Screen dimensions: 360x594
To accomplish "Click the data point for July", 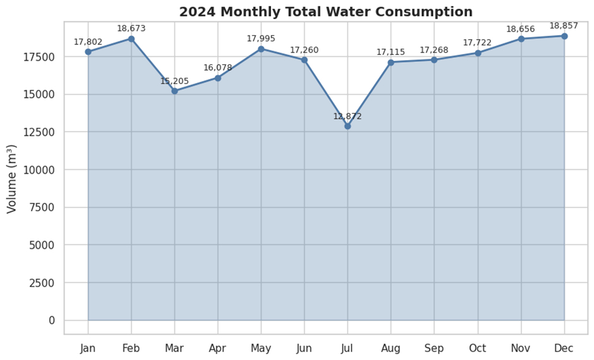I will point(348,126).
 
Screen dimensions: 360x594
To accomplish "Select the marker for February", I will point(131,39).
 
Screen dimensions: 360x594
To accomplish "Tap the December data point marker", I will point(564,36).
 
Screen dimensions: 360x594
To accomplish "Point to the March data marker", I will point(174,91).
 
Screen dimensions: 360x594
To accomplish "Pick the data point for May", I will point(261,49).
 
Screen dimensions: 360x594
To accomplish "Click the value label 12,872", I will point(348,116).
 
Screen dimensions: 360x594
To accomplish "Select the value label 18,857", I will point(564,26).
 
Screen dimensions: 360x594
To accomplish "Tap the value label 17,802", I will point(88,42).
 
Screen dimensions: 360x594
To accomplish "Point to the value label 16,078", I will point(217,68).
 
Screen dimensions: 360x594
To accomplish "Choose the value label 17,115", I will point(391,52).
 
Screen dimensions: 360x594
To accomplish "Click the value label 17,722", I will point(477,42).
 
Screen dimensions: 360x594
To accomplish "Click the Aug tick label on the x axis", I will point(391,349).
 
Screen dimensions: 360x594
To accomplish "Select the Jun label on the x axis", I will point(304,349).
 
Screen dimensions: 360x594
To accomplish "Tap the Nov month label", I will point(521,349).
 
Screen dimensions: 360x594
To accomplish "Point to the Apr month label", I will point(217,349).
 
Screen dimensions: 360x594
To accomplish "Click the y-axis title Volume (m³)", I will point(12,179).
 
